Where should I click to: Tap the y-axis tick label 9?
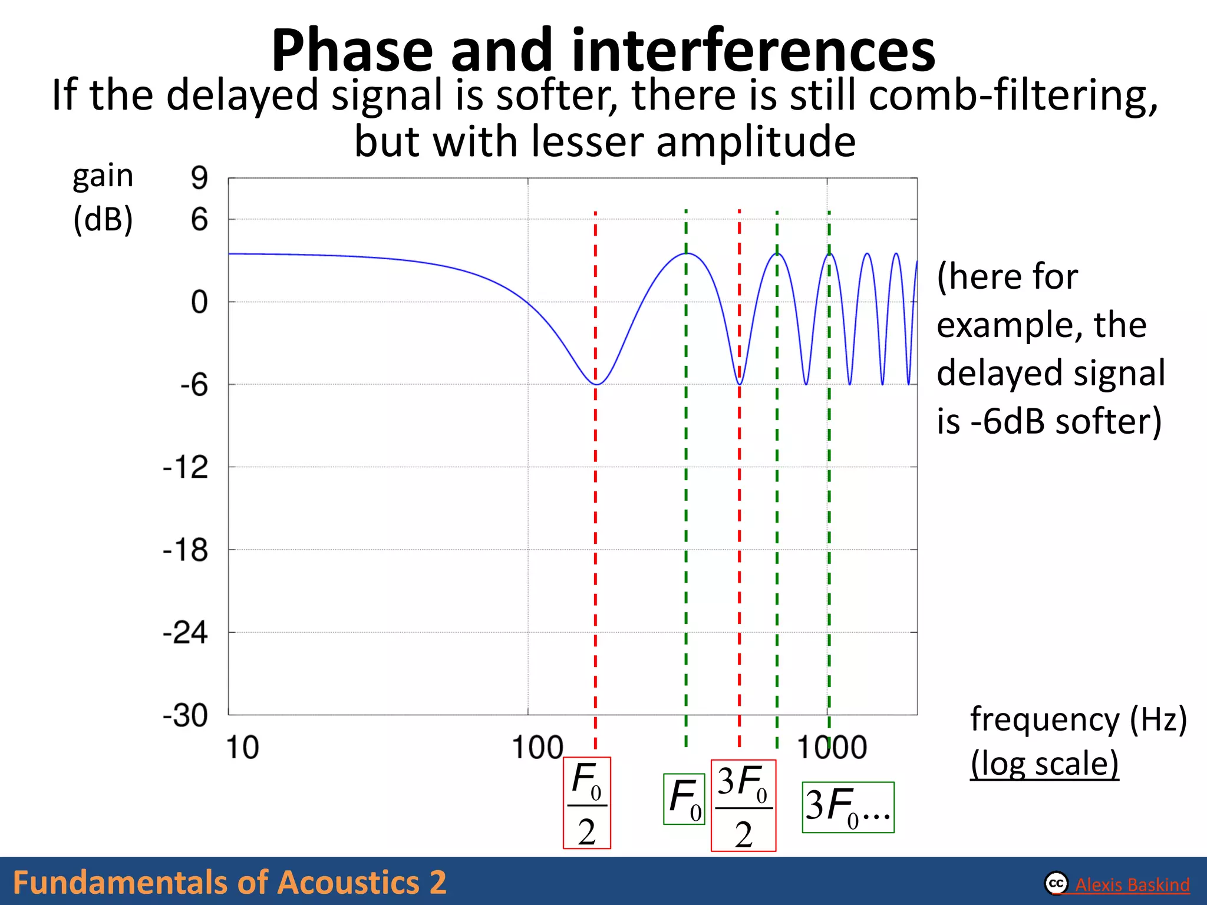point(199,177)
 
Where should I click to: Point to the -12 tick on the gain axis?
point(186,468)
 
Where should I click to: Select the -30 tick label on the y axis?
point(186,716)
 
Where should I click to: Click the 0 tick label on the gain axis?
point(199,302)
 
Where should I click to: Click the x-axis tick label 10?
point(242,748)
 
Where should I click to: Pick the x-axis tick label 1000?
point(832,748)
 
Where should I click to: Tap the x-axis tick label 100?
point(537,748)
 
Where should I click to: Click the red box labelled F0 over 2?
point(587,803)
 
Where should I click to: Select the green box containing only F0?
point(684,799)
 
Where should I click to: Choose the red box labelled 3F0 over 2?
point(743,805)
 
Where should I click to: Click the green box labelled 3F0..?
point(848,807)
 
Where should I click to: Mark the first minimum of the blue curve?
point(596,384)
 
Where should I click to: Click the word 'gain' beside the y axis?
point(103,176)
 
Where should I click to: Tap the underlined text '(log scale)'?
point(1044,764)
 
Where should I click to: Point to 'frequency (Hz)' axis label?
point(1079,719)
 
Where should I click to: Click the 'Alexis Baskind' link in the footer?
point(1132,884)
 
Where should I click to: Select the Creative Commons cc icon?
point(1056,883)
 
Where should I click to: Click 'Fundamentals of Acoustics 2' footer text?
point(230,883)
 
